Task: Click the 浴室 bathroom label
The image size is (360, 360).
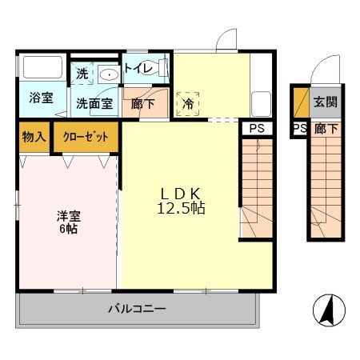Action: tap(42, 98)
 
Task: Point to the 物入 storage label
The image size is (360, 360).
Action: tap(33, 136)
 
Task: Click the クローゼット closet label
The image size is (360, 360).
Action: tap(86, 136)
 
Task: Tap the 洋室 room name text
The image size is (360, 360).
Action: tap(66, 215)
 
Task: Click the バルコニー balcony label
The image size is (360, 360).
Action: tap(137, 308)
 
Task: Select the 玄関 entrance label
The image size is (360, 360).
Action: tap(325, 102)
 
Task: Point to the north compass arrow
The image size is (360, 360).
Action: tap(329, 309)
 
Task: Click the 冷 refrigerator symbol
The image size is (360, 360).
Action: tap(189, 103)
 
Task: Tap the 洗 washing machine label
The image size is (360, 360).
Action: tap(83, 74)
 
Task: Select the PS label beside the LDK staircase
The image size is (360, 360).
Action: tap(256, 128)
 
